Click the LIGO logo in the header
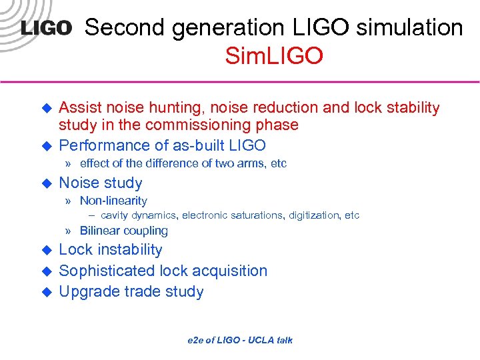46,29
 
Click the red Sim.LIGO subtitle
274,56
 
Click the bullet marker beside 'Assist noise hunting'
47,107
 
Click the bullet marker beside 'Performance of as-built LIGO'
47,145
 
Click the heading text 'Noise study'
101,183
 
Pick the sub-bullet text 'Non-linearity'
113,201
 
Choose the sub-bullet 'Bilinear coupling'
123,231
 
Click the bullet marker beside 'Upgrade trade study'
47,291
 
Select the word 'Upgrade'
86,291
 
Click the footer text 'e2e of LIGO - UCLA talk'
239,340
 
